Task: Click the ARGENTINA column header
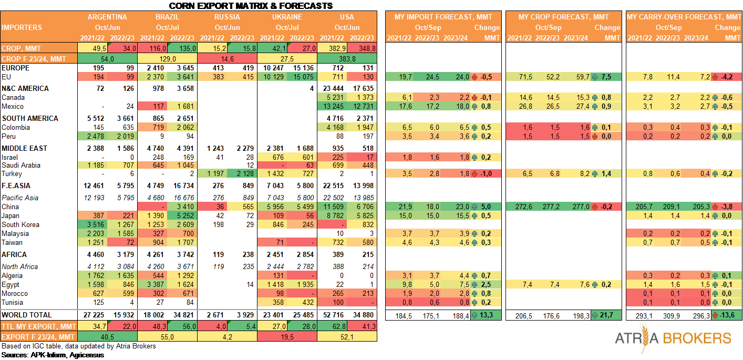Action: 107,17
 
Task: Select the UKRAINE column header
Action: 286,17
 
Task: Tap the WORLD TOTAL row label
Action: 27,315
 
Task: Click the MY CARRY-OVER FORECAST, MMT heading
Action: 683,17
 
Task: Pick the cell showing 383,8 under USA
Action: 347,58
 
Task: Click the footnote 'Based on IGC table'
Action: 79,346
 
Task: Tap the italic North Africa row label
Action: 20,266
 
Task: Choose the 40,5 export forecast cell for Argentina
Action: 107,336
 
